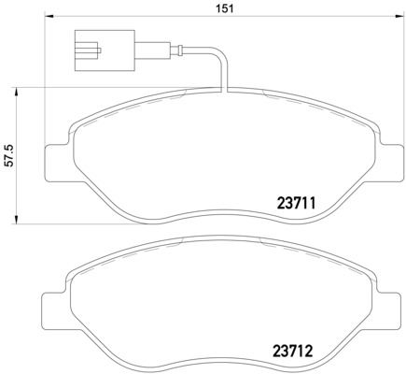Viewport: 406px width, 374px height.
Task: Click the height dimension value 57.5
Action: (x=10, y=155)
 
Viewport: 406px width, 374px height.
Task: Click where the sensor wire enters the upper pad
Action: (x=224, y=90)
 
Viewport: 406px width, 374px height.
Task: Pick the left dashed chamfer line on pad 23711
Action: (x=112, y=117)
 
